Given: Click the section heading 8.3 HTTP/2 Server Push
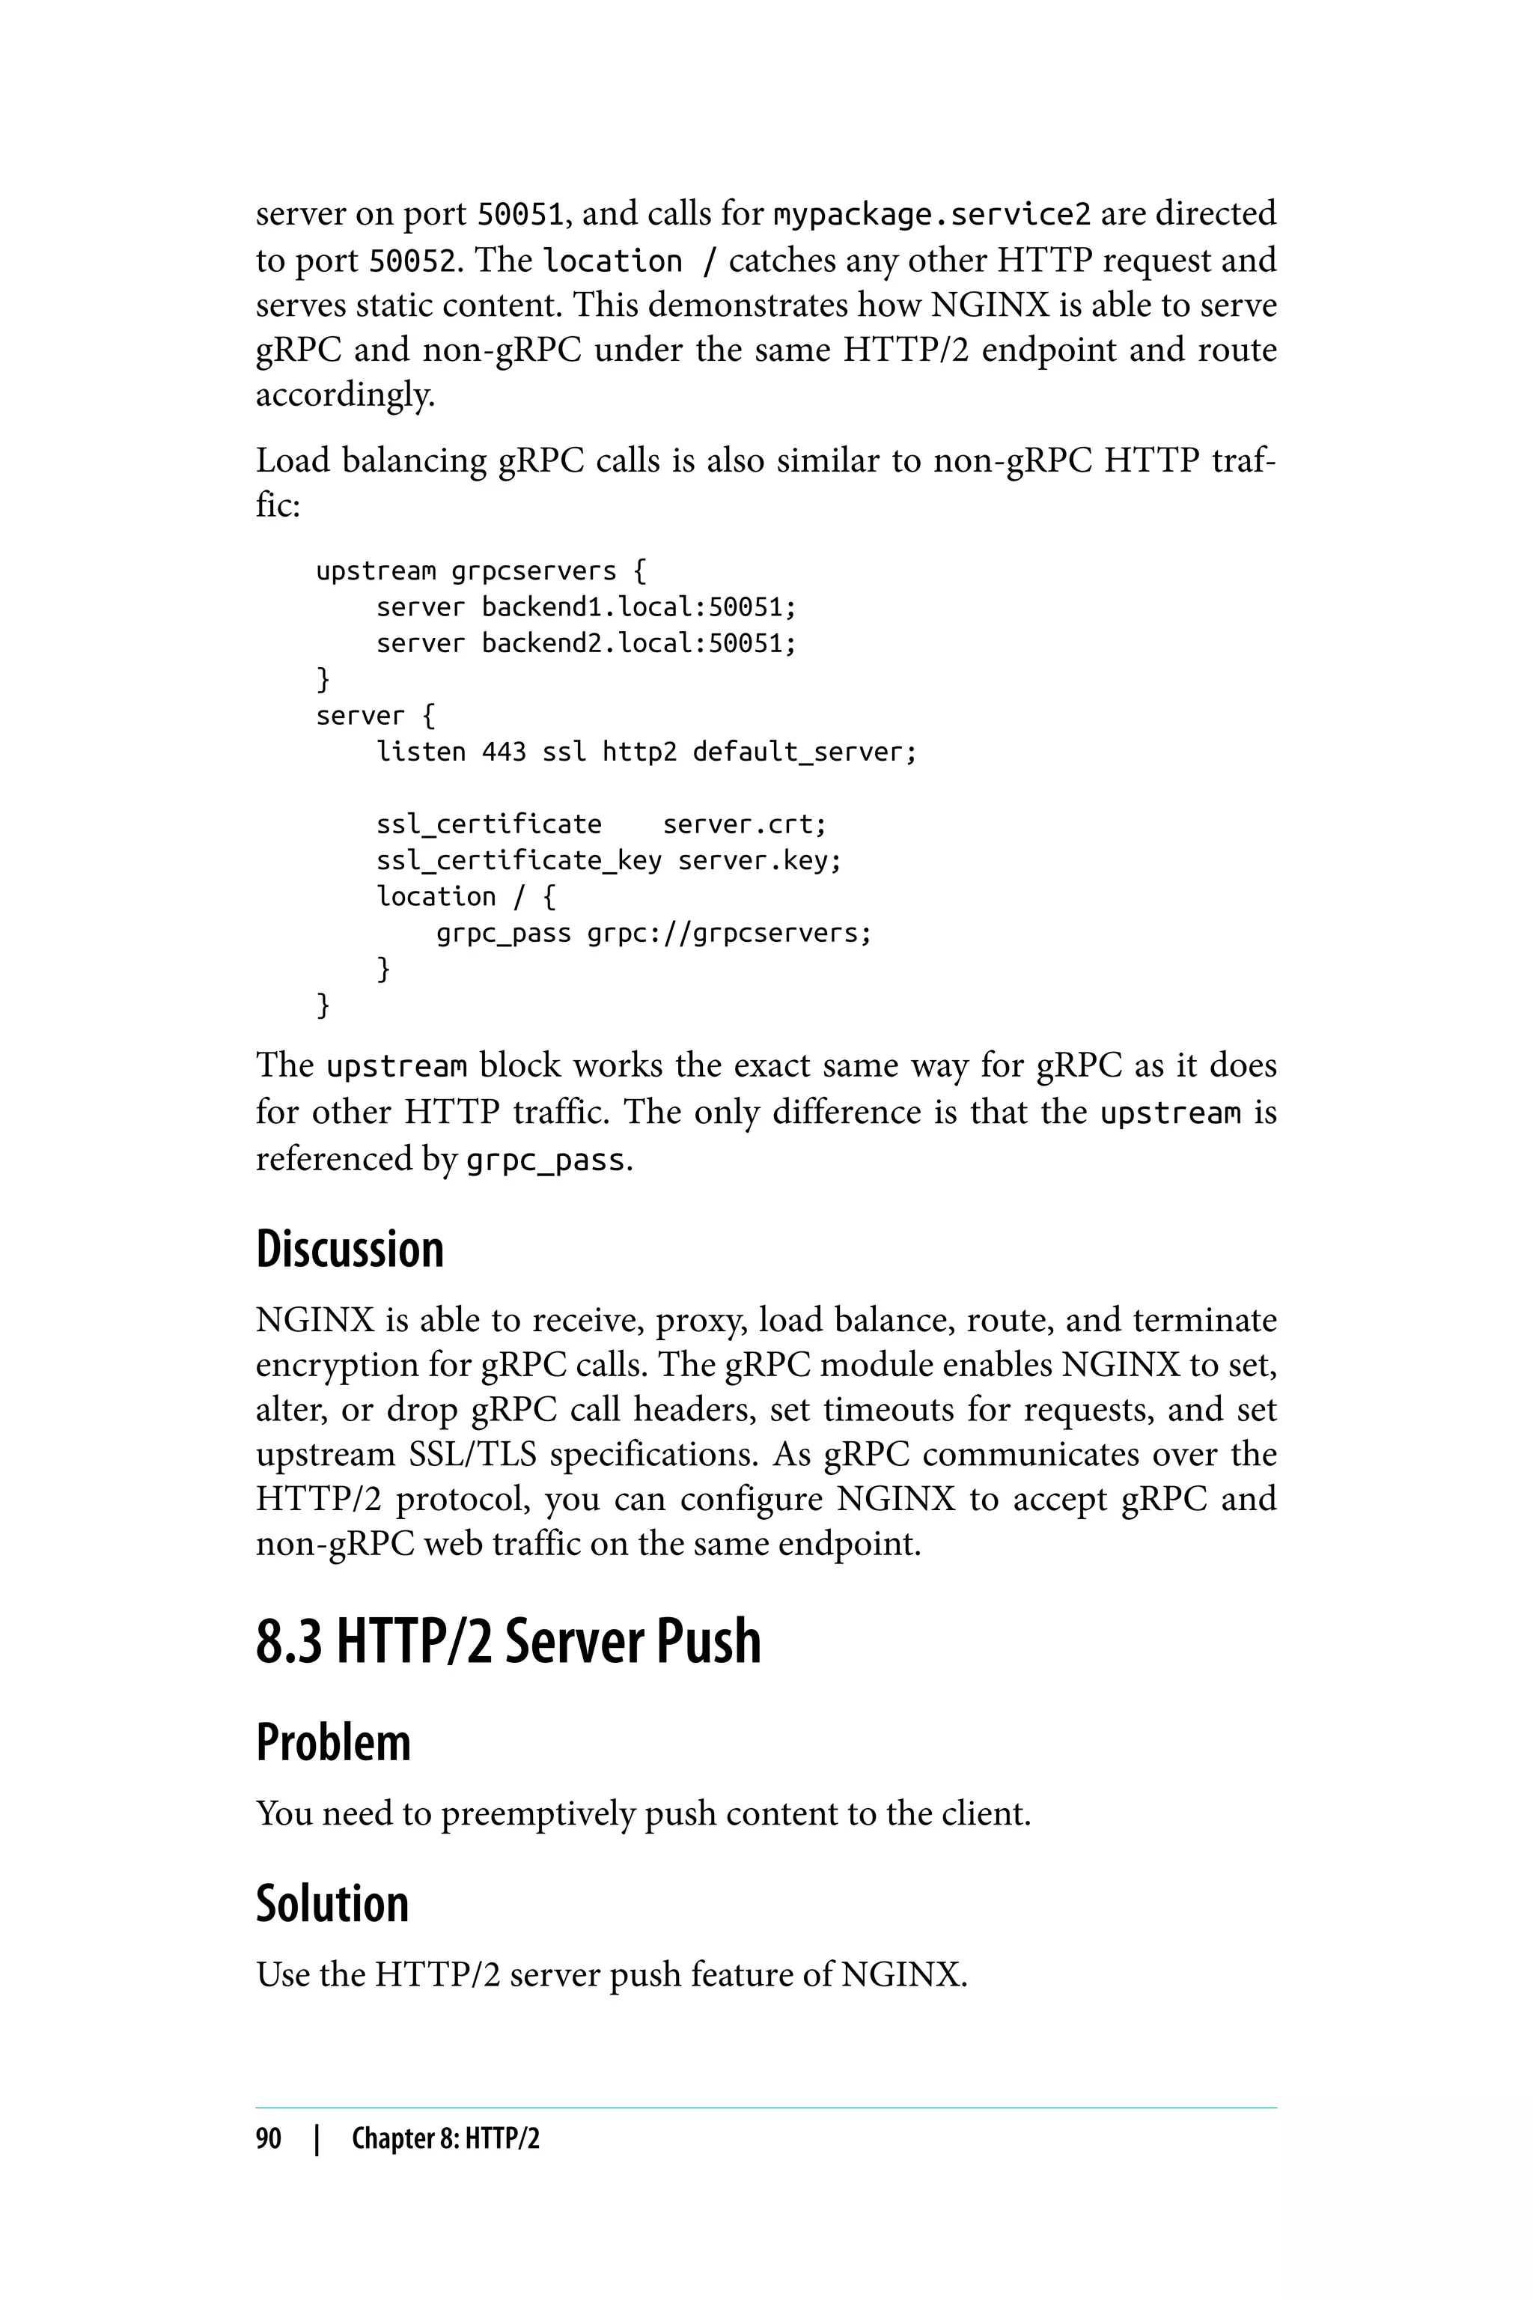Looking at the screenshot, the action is point(508,1641).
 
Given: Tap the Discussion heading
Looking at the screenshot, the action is point(350,1250).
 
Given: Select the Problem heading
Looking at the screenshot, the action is point(333,1743).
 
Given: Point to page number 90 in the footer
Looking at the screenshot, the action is point(268,2138).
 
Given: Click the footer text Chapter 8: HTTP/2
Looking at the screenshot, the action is point(445,2138).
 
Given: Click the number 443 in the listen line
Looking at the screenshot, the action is point(504,752).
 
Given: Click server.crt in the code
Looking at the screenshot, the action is point(745,824).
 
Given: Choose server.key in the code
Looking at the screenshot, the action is point(760,860).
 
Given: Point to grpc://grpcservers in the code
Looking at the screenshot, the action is point(728,933).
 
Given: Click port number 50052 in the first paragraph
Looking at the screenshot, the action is point(412,261).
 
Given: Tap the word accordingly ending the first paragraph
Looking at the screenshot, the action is point(345,395).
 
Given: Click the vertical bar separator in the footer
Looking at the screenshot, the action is point(316,2138).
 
